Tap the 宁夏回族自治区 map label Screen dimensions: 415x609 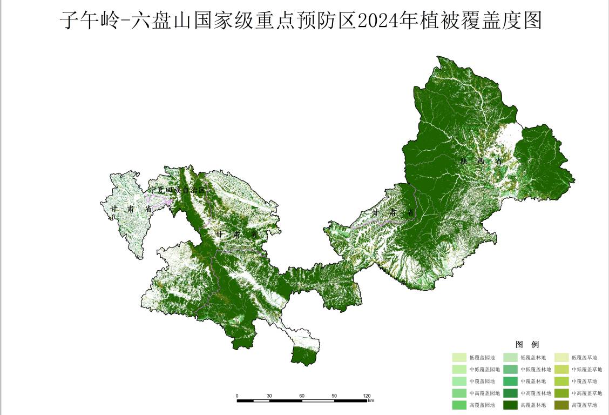click(x=177, y=191)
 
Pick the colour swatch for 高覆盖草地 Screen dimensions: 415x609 click(x=561, y=405)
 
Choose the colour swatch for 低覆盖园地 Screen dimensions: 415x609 click(x=459, y=358)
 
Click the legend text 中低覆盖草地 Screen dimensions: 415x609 click(x=587, y=370)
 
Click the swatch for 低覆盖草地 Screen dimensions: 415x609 click(x=561, y=358)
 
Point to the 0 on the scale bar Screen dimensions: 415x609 click(x=237, y=396)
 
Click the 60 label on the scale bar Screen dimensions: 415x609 click(x=302, y=396)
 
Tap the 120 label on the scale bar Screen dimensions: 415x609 click(x=367, y=396)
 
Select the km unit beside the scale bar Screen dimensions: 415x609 click(x=371, y=401)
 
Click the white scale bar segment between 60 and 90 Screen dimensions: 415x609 click(x=318, y=401)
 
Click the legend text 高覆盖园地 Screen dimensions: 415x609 click(x=482, y=405)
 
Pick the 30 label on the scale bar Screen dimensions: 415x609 click(x=269, y=396)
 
